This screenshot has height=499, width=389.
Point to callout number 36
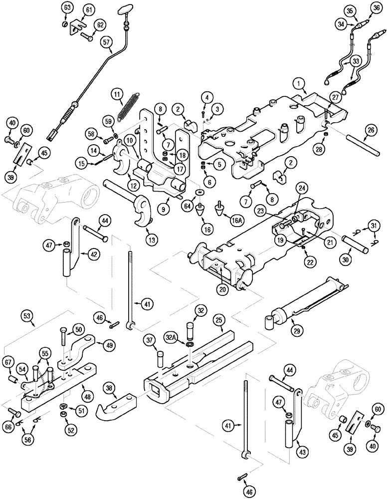point(376,9)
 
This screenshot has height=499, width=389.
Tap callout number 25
point(218,317)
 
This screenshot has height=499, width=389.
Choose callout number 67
point(8,361)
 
